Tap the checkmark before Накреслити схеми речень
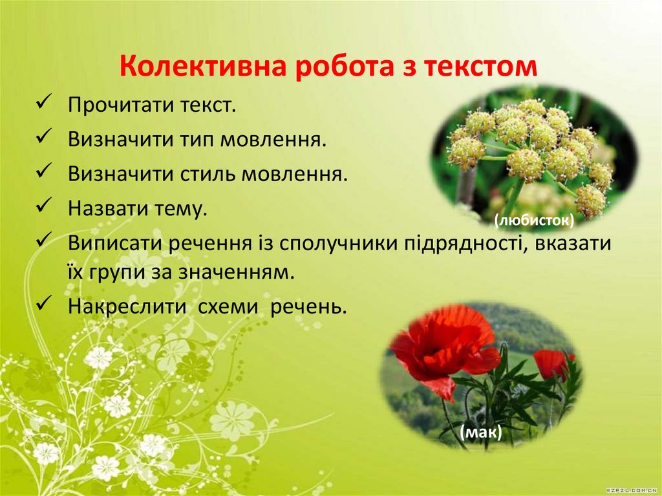click(45, 304)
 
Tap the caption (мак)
click(481, 431)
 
